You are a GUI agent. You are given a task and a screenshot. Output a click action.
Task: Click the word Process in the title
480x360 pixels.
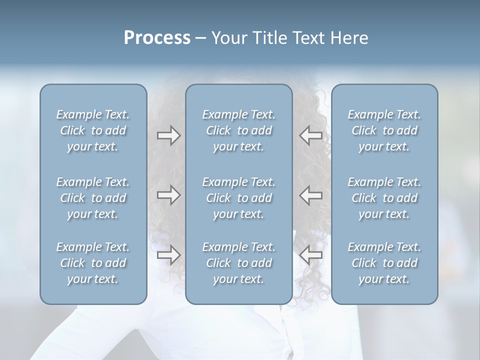click(x=157, y=38)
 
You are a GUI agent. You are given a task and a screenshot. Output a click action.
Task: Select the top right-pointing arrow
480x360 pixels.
click(x=168, y=135)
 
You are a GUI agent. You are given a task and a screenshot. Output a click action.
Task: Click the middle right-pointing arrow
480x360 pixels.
click(x=168, y=195)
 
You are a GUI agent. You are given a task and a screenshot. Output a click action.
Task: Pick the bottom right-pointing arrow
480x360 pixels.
click(x=168, y=255)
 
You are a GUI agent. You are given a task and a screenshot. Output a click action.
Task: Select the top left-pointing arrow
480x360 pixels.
click(x=310, y=135)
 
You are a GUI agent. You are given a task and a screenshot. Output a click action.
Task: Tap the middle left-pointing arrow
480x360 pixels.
click(x=310, y=195)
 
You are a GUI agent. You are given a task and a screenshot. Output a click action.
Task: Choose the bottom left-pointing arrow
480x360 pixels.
click(x=310, y=255)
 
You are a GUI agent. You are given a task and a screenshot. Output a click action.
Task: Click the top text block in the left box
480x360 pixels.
click(x=93, y=130)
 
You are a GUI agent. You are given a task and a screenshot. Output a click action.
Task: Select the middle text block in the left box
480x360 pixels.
click(x=93, y=198)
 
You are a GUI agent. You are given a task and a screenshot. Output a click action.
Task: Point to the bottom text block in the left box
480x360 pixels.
click(x=93, y=263)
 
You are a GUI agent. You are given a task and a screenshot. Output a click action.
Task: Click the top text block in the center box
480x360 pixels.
click(x=239, y=130)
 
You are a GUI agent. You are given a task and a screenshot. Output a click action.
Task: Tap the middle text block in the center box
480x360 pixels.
click(x=239, y=198)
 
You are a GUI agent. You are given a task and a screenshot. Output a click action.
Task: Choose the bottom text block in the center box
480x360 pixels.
click(x=239, y=263)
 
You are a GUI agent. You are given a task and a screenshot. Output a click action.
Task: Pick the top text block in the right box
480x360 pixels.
click(x=384, y=130)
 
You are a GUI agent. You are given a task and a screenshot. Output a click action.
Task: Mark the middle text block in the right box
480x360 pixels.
click(x=384, y=198)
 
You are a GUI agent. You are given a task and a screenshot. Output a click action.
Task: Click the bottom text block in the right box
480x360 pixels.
click(x=384, y=263)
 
